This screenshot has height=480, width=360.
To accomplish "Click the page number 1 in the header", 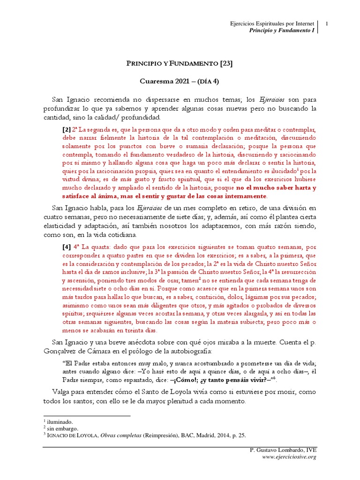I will [326, 23].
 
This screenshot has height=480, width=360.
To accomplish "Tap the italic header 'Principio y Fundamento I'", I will [281, 30].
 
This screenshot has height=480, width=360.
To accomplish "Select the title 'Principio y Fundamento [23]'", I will [180, 63].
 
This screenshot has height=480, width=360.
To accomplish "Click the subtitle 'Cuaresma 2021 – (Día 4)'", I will [180, 81].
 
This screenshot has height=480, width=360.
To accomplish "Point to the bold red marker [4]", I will [67, 246].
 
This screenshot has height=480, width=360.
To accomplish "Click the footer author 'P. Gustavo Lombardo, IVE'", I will [284, 450].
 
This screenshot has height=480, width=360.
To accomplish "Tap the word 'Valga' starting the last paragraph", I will [61, 392].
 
